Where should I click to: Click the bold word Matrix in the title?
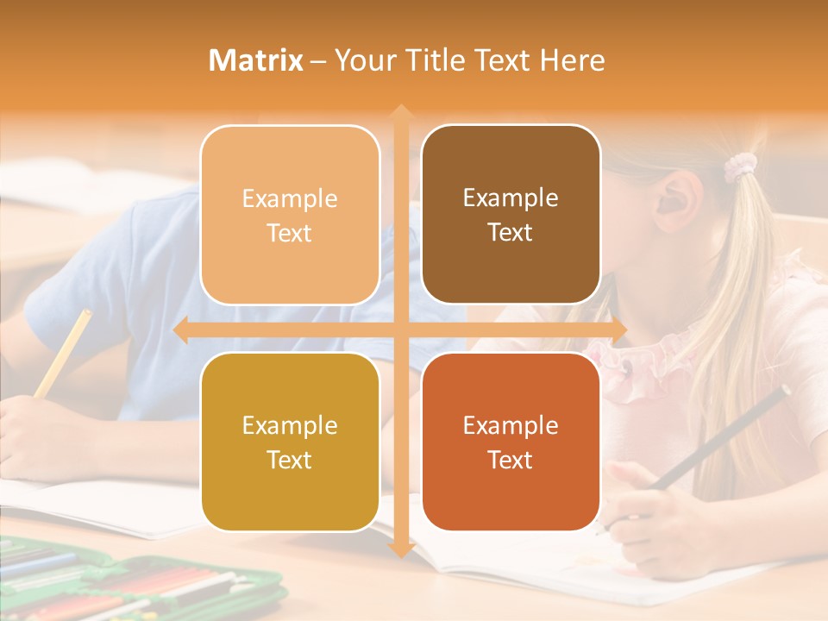(x=256, y=60)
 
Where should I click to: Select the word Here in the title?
(x=573, y=60)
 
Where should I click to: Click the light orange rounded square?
(x=290, y=215)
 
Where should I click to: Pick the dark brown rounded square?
(x=511, y=215)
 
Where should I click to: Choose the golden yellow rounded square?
(x=290, y=442)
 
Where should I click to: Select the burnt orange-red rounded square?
(x=511, y=442)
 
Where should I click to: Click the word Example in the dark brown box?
(x=511, y=198)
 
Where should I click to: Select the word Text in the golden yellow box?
(x=290, y=460)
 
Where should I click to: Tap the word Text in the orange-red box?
(x=511, y=460)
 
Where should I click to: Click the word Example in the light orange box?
(x=290, y=199)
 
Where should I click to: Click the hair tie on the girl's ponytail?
(x=739, y=166)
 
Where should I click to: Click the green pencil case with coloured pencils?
(x=129, y=582)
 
